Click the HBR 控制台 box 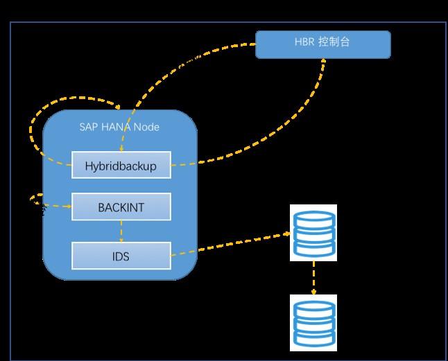[x=323, y=44]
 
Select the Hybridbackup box [x=121, y=165]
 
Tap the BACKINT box [x=121, y=206]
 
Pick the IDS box [x=121, y=256]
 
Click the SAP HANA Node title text [x=119, y=127]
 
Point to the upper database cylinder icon [x=313, y=233]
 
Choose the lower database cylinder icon [x=313, y=323]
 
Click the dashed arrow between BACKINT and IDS [x=121, y=231]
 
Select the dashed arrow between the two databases [x=313, y=278]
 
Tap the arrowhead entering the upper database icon [x=287, y=234]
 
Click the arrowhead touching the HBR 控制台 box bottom [x=323, y=61]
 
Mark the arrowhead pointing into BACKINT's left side [x=69, y=206]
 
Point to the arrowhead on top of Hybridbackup [x=121, y=149]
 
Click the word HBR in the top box [x=304, y=42]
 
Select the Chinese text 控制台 [x=334, y=42]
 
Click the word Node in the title [x=146, y=127]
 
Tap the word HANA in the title [x=116, y=127]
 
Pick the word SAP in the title [x=89, y=127]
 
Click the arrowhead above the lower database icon [x=313, y=292]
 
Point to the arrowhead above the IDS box [x=121, y=240]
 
